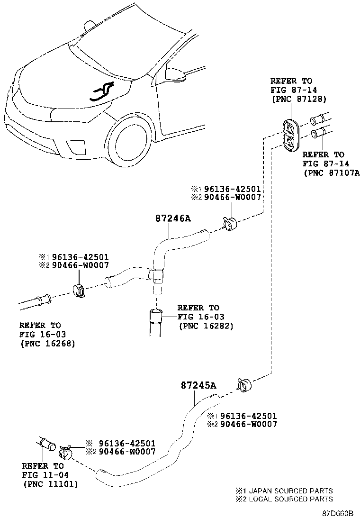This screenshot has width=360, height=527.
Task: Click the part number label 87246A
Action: [172, 218]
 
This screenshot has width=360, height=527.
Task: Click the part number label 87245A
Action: [198, 385]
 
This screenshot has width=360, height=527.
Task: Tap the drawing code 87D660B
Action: [338, 514]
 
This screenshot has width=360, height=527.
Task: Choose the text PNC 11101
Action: [50, 484]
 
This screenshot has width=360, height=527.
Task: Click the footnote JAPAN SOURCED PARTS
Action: [288, 491]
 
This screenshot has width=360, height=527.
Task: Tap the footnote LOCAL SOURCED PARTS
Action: [288, 499]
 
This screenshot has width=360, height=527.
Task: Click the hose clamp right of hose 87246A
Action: [229, 223]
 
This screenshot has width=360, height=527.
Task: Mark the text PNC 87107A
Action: [332, 173]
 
